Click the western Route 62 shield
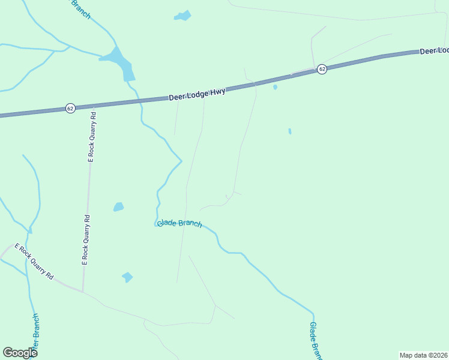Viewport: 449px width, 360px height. click(x=71, y=109)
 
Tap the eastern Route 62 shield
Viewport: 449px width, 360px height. click(x=322, y=69)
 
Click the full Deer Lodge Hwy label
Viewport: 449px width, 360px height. click(x=197, y=94)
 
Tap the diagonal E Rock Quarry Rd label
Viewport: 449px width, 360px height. click(x=34, y=262)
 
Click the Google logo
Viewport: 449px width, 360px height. click(x=20, y=353)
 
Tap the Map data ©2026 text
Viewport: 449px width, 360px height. click(x=423, y=355)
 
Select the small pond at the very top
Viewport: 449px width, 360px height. click(x=182, y=16)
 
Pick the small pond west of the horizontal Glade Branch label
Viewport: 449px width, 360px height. click(x=118, y=207)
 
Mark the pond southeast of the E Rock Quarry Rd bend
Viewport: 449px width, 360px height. click(x=127, y=277)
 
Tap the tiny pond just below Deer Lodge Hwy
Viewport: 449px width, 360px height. click(x=275, y=87)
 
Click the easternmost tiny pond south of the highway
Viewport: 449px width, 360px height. click(x=289, y=131)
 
